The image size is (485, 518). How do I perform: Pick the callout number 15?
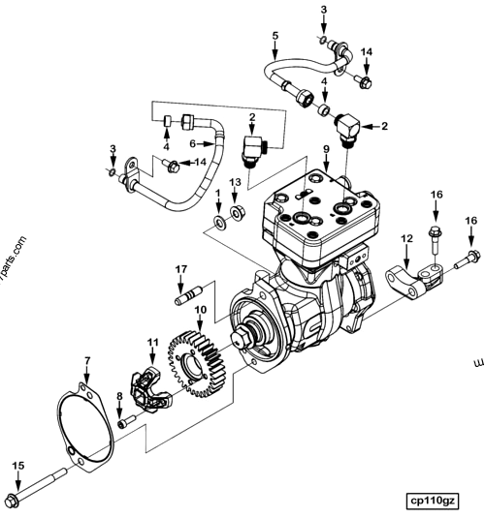click(x=16, y=467)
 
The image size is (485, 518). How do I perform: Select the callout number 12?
click(x=407, y=238)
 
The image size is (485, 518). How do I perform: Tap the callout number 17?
click(x=180, y=268)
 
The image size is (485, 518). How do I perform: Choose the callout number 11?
click(x=152, y=343)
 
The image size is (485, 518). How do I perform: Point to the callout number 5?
click(x=275, y=36)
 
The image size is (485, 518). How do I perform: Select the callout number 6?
click(x=193, y=143)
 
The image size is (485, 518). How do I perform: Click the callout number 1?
click(x=218, y=194)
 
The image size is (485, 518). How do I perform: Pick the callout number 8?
click(x=120, y=396)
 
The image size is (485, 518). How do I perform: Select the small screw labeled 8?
click(x=124, y=422)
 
